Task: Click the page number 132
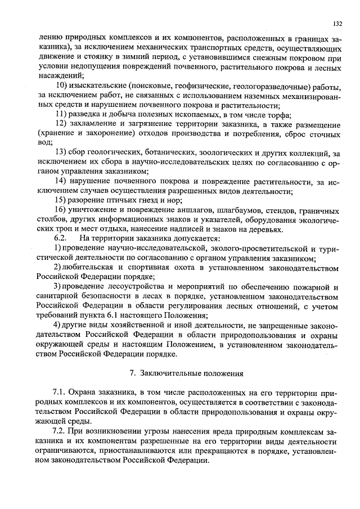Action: tap(337, 24)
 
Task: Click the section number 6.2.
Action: tap(52, 238)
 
